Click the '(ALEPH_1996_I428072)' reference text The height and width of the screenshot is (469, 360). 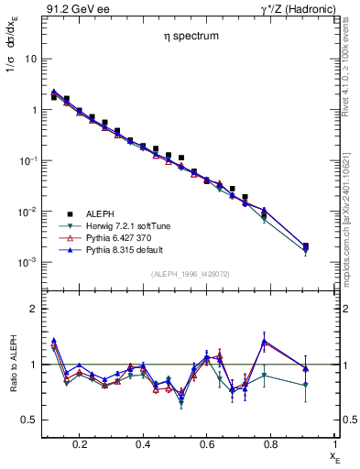point(189,274)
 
